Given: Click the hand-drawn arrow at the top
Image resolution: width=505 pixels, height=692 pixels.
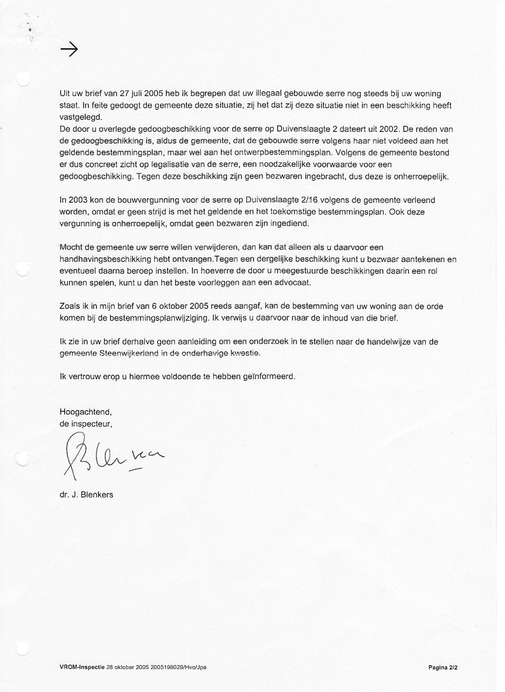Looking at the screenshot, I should (68, 50).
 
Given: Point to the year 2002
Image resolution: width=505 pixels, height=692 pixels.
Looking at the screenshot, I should (389, 129).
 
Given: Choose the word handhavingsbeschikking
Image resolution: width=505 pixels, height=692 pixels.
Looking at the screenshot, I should (105, 259).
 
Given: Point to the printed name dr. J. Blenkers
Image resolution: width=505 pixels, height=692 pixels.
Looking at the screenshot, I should (86, 495).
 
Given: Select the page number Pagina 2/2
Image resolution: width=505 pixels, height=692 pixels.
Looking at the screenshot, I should (443, 667).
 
